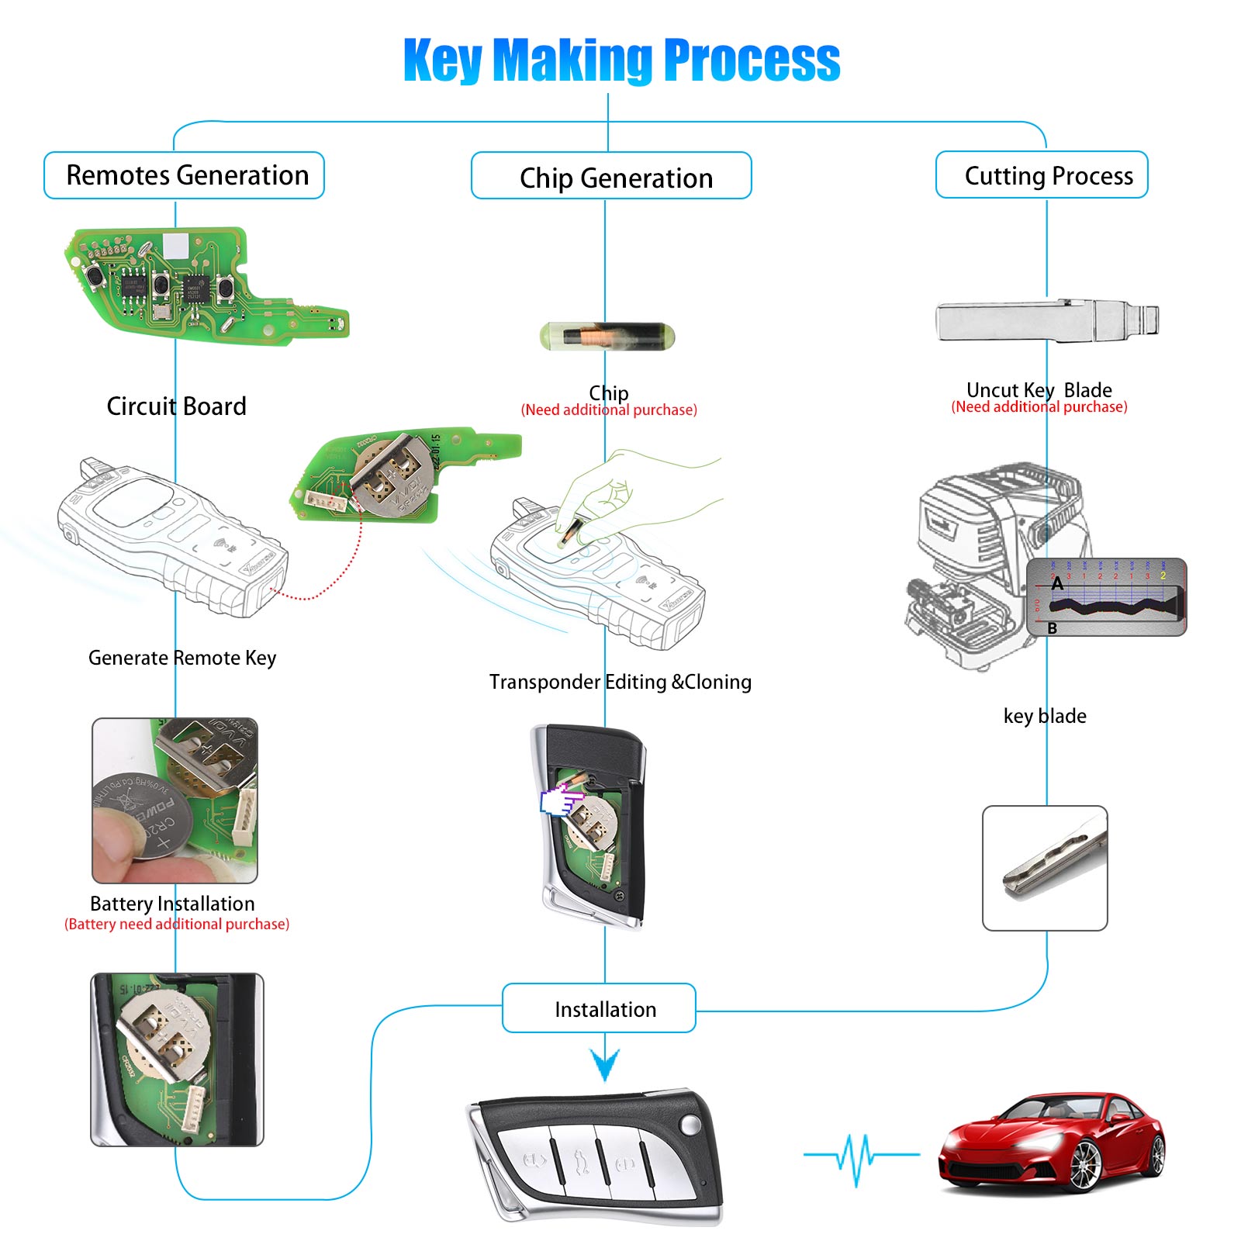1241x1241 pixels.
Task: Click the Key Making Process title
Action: [621, 60]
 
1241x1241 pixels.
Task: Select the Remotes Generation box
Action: [185, 175]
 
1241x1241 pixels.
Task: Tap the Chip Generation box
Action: [612, 178]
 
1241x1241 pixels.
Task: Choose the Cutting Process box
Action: [1042, 175]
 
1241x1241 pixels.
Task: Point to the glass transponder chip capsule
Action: [607, 337]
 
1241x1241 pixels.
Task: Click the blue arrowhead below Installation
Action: [605, 1063]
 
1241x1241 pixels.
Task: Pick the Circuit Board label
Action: [176, 406]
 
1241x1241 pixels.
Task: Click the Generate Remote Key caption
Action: [181, 658]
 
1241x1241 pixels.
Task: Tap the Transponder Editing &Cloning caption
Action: [620, 682]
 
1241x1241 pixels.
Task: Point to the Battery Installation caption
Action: [172, 904]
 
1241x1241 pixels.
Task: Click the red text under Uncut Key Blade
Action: [1039, 407]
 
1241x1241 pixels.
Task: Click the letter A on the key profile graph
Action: [1057, 585]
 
